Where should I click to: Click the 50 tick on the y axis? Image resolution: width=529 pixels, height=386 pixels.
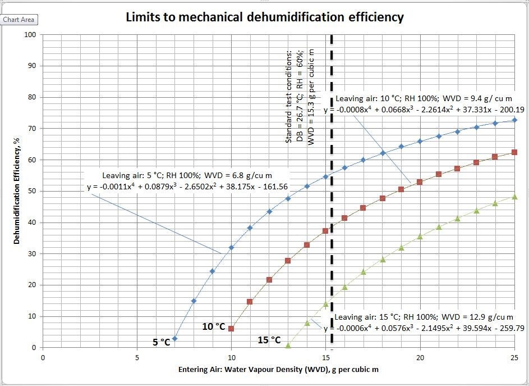pyautogui.click(x=33, y=191)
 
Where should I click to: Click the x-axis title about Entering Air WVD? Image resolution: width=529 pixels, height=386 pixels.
pyautogui.click(x=278, y=369)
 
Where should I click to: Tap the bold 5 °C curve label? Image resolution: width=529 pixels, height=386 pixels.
pyautogui.click(x=161, y=342)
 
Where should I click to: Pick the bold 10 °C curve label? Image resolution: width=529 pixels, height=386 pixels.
pyautogui.click(x=213, y=326)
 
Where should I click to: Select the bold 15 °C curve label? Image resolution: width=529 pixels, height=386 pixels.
pyautogui.click(x=269, y=340)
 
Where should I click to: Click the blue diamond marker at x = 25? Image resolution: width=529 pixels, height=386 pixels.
pyautogui.click(x=514, y=120)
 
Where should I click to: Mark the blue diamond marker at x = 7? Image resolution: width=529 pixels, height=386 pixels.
pyautogui.click(x=174, y=338)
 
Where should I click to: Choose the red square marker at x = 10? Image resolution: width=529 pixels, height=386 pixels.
pyautogui.click(x=231, y=329)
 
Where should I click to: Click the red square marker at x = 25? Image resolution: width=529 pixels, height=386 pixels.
pyautogui.click(x=514, y=152)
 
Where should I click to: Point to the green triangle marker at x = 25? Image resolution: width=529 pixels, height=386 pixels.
pyautogui.click(x=514, y=197)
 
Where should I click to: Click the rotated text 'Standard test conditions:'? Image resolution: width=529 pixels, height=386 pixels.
pyautogui.click(x=289, y=96)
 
